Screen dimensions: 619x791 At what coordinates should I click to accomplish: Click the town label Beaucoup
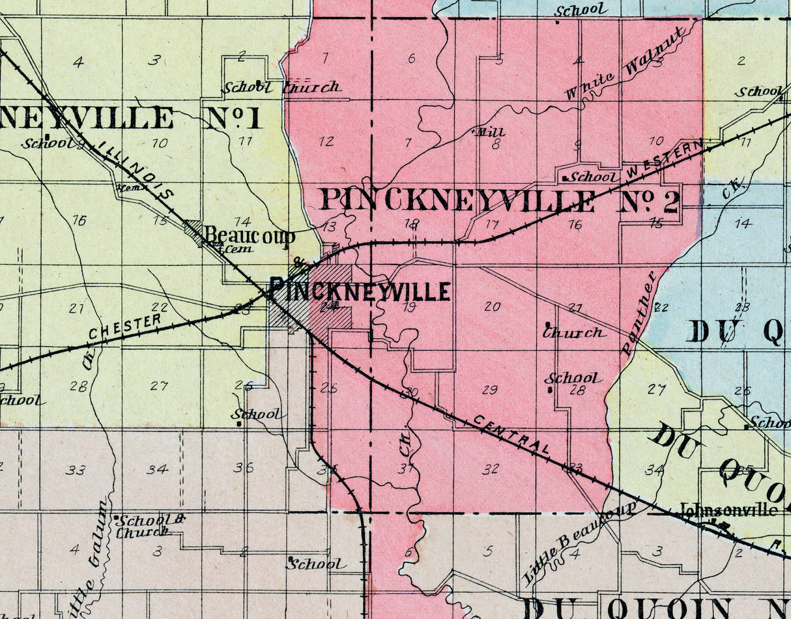(250, 236)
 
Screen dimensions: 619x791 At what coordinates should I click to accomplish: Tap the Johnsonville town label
(728, 510)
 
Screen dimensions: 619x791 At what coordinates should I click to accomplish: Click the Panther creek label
(639, 313)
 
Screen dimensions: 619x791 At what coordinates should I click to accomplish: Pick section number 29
(489, 390)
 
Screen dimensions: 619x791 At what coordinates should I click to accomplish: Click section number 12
(326, 141)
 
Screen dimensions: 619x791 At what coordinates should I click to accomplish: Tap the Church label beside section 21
(573, 332)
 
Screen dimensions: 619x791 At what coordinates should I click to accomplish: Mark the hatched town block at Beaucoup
(194, 228)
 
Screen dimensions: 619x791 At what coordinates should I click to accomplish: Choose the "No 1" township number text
(234, 117)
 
